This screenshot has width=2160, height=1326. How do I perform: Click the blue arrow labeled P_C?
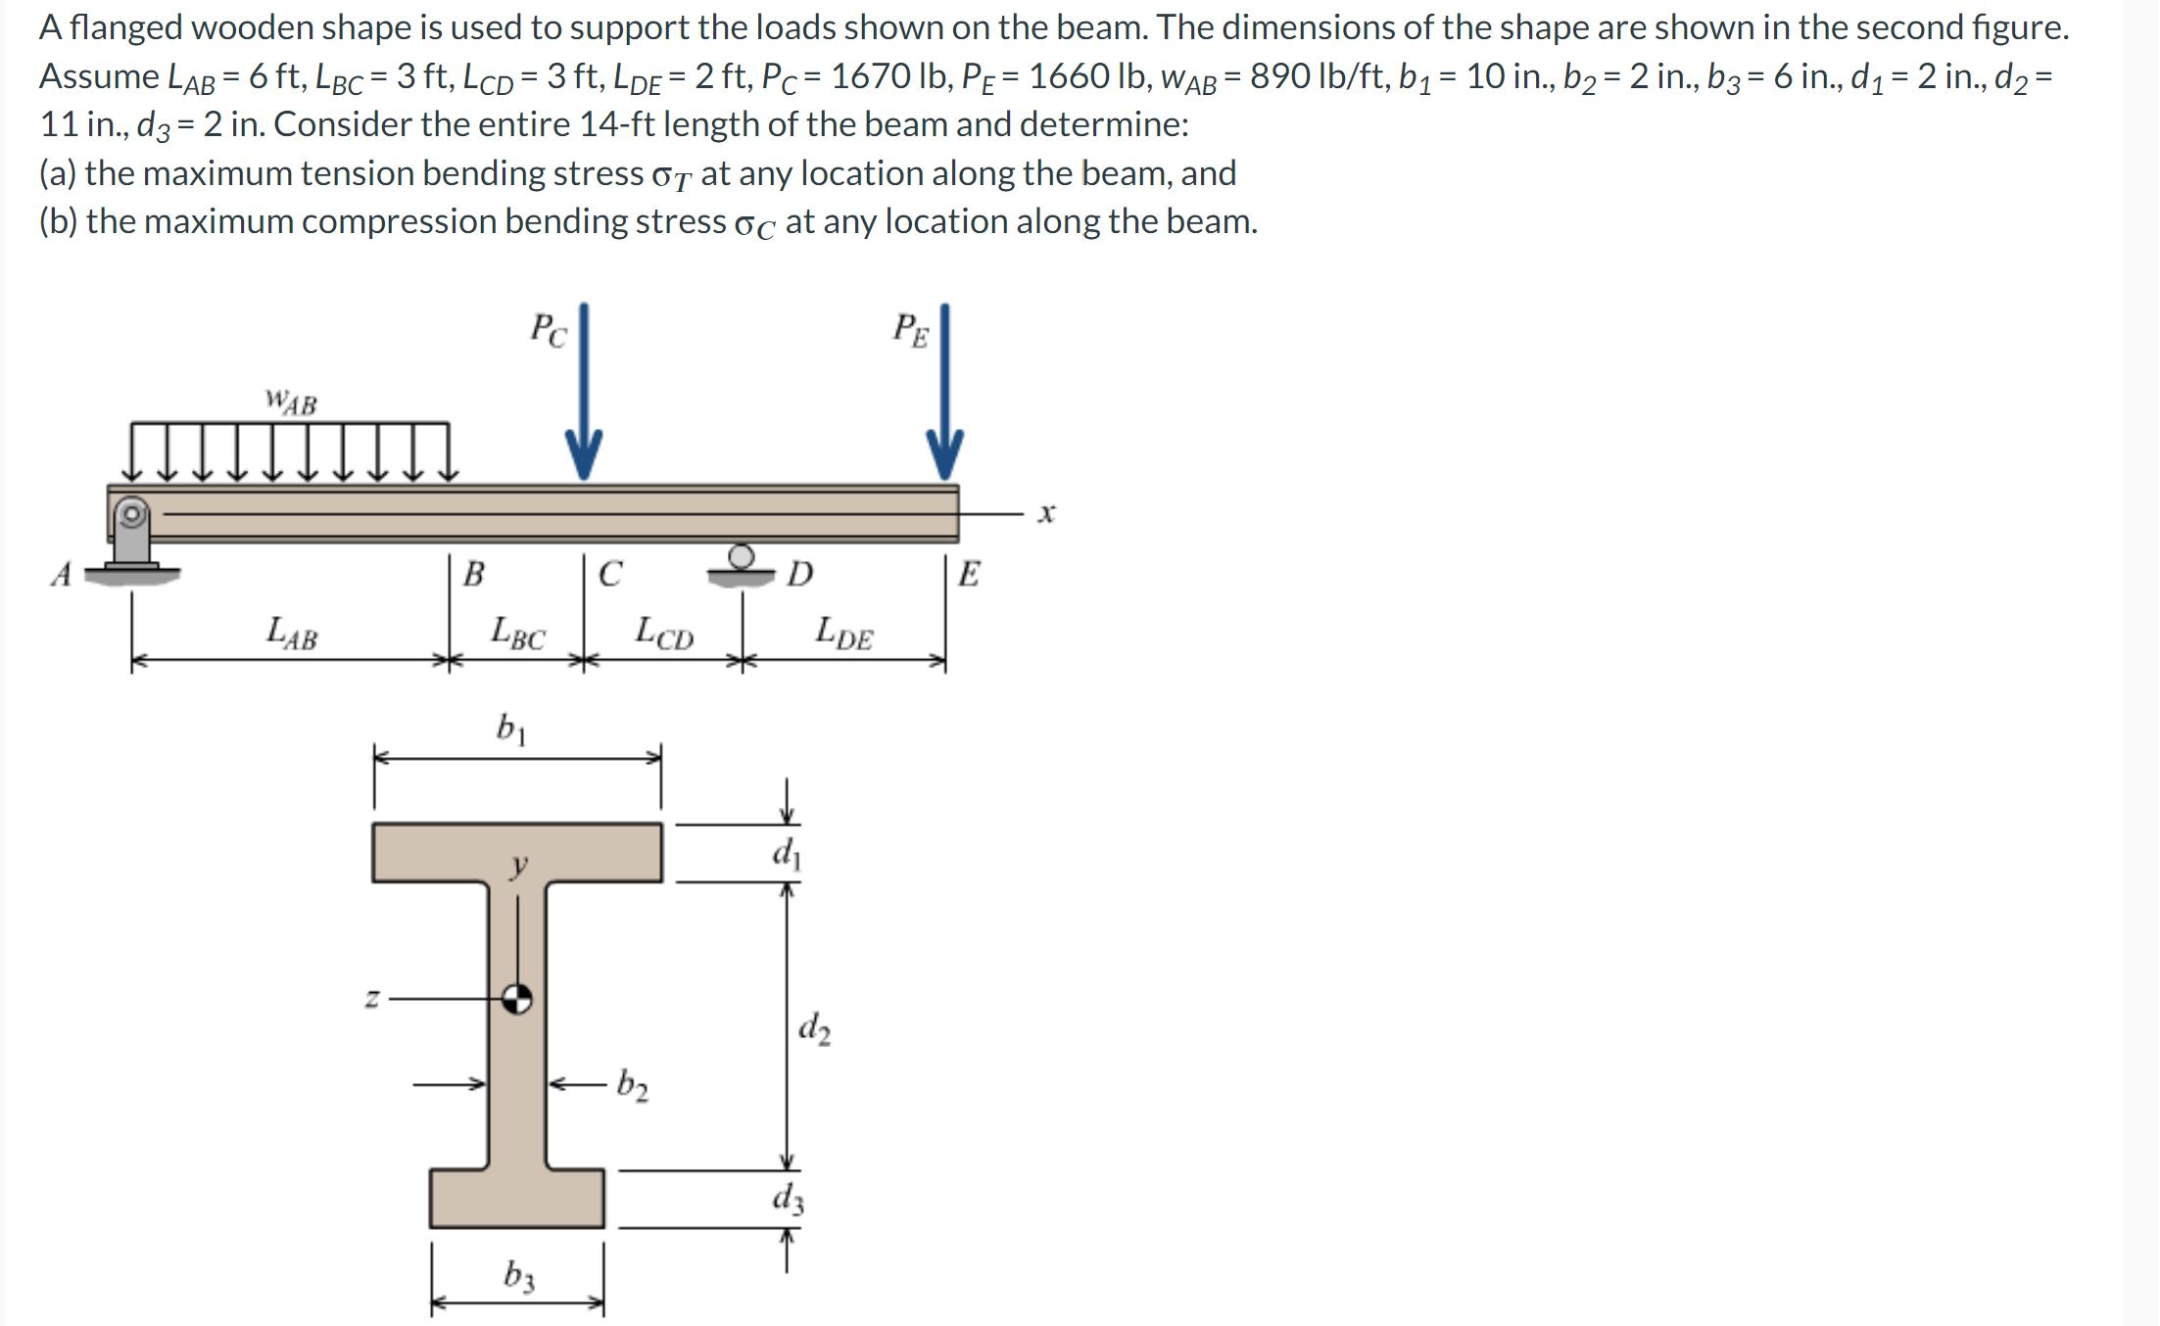[x=584, y=392]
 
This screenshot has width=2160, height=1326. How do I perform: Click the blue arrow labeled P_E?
[x=945, y=392]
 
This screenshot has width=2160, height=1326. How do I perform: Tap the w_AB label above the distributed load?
[x=291, y=402]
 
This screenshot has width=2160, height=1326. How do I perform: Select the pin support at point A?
[x=132, y=535]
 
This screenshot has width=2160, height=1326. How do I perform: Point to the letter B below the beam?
[x=473, y=573]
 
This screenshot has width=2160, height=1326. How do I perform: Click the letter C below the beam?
[x=610, y=573]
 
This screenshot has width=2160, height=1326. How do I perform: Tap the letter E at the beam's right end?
[x=969, y=573]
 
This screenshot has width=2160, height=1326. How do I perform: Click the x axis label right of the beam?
[x=1046, y=512]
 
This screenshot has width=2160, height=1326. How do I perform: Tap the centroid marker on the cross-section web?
[x=517, y=999]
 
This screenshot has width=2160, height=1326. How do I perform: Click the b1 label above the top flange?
[x=511, y=728]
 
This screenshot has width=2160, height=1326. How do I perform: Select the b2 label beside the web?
[x=632, y=1085]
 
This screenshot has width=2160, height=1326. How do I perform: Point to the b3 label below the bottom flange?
[x=519, y=1275]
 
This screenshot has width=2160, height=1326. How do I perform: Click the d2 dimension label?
[x=814, y=1027]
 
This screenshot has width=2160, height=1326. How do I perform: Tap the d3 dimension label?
[x=788, y=1198]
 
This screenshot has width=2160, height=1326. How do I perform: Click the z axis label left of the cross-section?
[x=372, y=999]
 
